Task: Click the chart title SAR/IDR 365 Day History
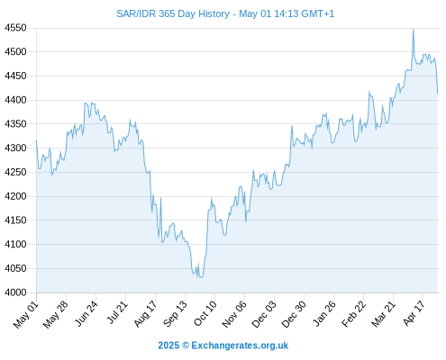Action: pos(173,13)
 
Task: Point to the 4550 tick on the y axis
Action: pos(15,28)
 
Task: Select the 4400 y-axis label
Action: pos(15,100)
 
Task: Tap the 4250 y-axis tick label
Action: pos(15,172)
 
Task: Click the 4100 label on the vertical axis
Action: pos(15,244)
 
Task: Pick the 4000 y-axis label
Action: pos(15,292)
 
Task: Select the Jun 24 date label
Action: pos(86,314)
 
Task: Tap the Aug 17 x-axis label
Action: pos(145,314)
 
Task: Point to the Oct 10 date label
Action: pos(205,313)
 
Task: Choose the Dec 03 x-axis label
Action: pos(264,314)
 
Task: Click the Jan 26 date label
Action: pos(323,314)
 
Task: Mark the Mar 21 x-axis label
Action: pos(383,314)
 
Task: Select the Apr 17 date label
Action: pos(414,313)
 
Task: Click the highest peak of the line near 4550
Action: pos(414,30)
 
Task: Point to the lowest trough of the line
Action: pos(201,277)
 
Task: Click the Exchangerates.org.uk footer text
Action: pos(240,346)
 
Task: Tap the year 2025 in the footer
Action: pos(168,346)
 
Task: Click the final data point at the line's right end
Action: pos(438,94)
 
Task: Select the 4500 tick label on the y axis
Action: pos(15,52)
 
